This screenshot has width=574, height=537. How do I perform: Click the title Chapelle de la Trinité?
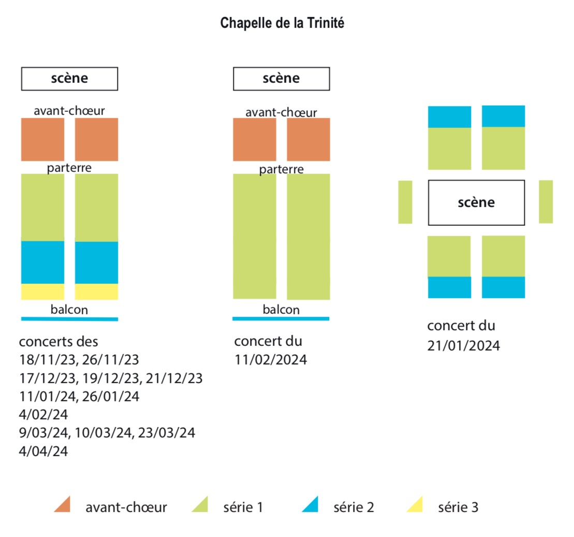pos(282,23)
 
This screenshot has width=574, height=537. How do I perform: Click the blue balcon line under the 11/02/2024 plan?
pos(281,318)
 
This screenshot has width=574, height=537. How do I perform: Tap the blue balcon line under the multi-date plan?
pos(69,319)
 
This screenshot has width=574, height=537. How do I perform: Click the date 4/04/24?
pos(43,451)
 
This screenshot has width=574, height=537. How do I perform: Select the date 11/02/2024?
pos(271,360)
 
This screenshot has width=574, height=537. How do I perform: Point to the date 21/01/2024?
pos(463,346)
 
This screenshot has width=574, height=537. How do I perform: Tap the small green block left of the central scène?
pos(405,202)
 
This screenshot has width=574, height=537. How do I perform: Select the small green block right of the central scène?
pos(546,202)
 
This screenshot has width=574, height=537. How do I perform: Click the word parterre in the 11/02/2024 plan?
pos(281,170)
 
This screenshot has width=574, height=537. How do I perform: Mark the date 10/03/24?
pos(103,432)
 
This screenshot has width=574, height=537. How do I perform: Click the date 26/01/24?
pos(111,396)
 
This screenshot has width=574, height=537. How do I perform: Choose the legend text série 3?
pos(459,507)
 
